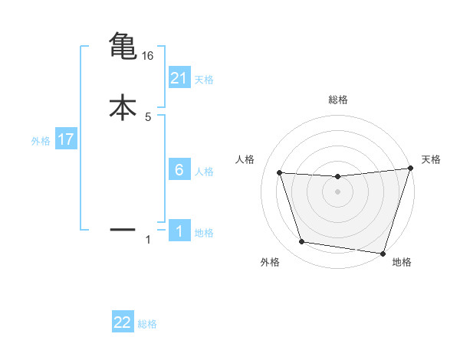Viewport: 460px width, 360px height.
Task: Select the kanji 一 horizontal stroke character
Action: point(123,228)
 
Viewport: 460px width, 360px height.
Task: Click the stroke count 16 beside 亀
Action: point(148,56)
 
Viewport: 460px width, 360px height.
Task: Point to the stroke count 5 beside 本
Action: point(148,117)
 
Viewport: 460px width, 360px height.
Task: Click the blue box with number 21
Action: point(179,77)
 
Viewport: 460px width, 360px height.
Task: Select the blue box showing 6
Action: point(179,169)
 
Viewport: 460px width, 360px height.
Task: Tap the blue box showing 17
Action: point(66,140)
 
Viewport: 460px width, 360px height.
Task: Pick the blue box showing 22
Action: point(123,322)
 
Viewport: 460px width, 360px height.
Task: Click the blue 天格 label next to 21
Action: point(204,79)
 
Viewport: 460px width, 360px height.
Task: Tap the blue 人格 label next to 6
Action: point(204,171)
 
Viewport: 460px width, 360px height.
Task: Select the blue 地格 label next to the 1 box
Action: point(204,233)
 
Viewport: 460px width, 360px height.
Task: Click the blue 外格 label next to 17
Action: point(40,141)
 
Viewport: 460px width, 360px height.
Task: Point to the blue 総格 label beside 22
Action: point(147,324)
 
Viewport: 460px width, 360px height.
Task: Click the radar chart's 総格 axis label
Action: point(338,100)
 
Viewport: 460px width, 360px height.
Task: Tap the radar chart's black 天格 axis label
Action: point(432,159)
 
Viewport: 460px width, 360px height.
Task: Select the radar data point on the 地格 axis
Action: point(383,253)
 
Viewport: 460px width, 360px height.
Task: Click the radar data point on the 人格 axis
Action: point(279,173)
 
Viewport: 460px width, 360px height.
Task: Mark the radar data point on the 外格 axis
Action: point(301,242)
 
